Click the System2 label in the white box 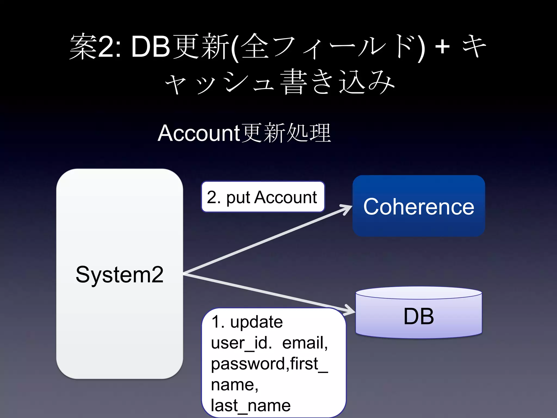click(120, 274)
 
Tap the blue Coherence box click(419, 206)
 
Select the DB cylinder click(419, 316)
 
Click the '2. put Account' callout click(263, 197)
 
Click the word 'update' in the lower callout click(256, 322)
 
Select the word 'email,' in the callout click(305, 343)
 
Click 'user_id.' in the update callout click(241, 343)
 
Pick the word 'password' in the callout click(248, 364)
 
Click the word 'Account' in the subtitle click(199, 133)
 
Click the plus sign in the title click(442, 47)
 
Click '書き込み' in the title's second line click(337, 82)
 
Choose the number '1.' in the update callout click(218, 322)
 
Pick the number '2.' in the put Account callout click(213, 197)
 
